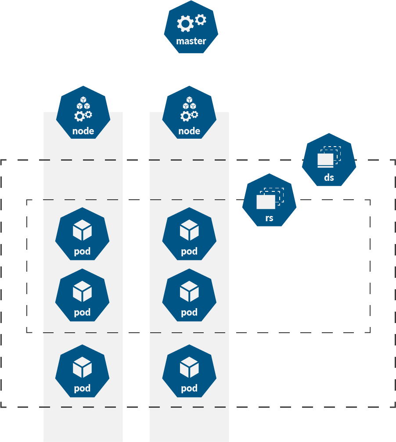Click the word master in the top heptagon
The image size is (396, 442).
point(191,41)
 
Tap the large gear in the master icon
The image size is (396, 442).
point(185,24)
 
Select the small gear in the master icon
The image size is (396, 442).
point(201,19)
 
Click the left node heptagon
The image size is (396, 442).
point(83,113)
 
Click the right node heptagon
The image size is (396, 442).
point(189,113)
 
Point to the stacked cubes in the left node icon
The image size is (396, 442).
point(83,103)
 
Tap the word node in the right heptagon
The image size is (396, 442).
point(189,131)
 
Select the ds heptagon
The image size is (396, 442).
point(329,161)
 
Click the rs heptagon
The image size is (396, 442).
point(269,201)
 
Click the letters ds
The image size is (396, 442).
point(329,177)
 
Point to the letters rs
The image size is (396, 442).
point(269,218)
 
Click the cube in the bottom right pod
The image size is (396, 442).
point(189,367)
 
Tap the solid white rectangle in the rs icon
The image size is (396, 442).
point(266,202)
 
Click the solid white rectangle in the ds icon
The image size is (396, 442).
point(325,160)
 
